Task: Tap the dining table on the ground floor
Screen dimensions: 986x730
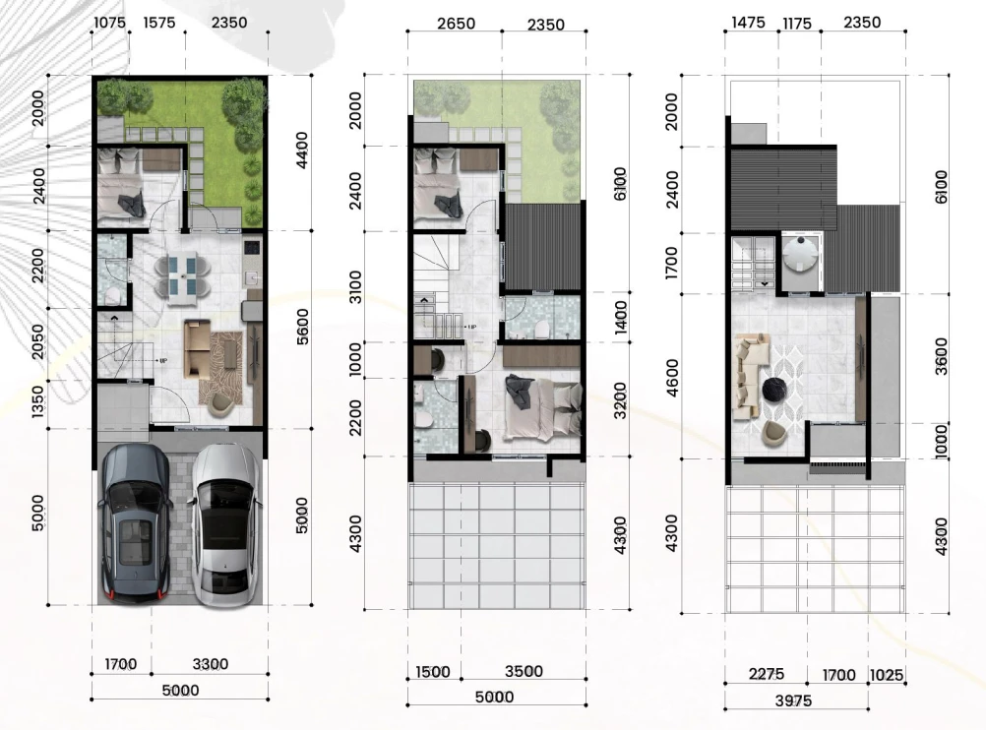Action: (182, 274)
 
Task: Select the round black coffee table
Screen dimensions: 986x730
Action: (774, 390)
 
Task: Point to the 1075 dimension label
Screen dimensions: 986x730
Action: (110, 23)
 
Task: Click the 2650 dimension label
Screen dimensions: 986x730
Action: (456, 24)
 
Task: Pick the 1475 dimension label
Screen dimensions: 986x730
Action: (748, 23)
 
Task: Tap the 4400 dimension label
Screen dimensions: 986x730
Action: (302, 150)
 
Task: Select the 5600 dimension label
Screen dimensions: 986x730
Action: (302, 327)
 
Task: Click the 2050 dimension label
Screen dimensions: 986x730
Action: (37, 342)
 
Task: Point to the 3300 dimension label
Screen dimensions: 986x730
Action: (210, 664)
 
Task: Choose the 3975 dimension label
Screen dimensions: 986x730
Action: (793, 700)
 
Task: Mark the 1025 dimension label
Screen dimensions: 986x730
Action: (887, 675)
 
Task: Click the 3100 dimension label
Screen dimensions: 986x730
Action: (355, 286)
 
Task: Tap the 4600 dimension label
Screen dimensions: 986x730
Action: (671, 377)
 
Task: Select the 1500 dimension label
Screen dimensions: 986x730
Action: (433, 672)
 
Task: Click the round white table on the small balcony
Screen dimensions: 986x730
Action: (800, 254)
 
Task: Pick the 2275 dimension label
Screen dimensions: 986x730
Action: (767, 674)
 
